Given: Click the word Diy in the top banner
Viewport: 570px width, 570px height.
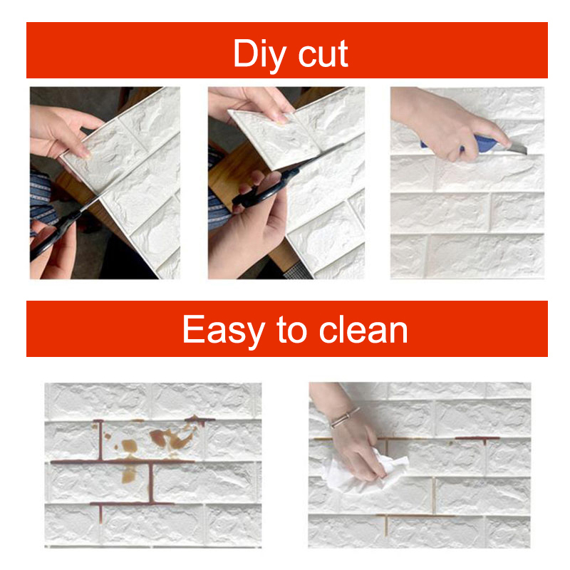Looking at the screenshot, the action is tap(259, 55).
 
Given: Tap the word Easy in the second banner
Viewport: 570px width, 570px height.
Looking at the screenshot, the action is tap(223, 330).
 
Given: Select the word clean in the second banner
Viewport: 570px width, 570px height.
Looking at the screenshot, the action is tap(363, 329).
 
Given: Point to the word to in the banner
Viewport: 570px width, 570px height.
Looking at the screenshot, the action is tap(292, 330).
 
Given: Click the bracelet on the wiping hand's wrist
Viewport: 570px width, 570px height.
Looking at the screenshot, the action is tap(345, 418).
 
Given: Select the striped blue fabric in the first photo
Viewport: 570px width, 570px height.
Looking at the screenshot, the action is tap(42, 198).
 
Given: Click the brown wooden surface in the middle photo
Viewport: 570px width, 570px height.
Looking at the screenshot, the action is tap(237, 171).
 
